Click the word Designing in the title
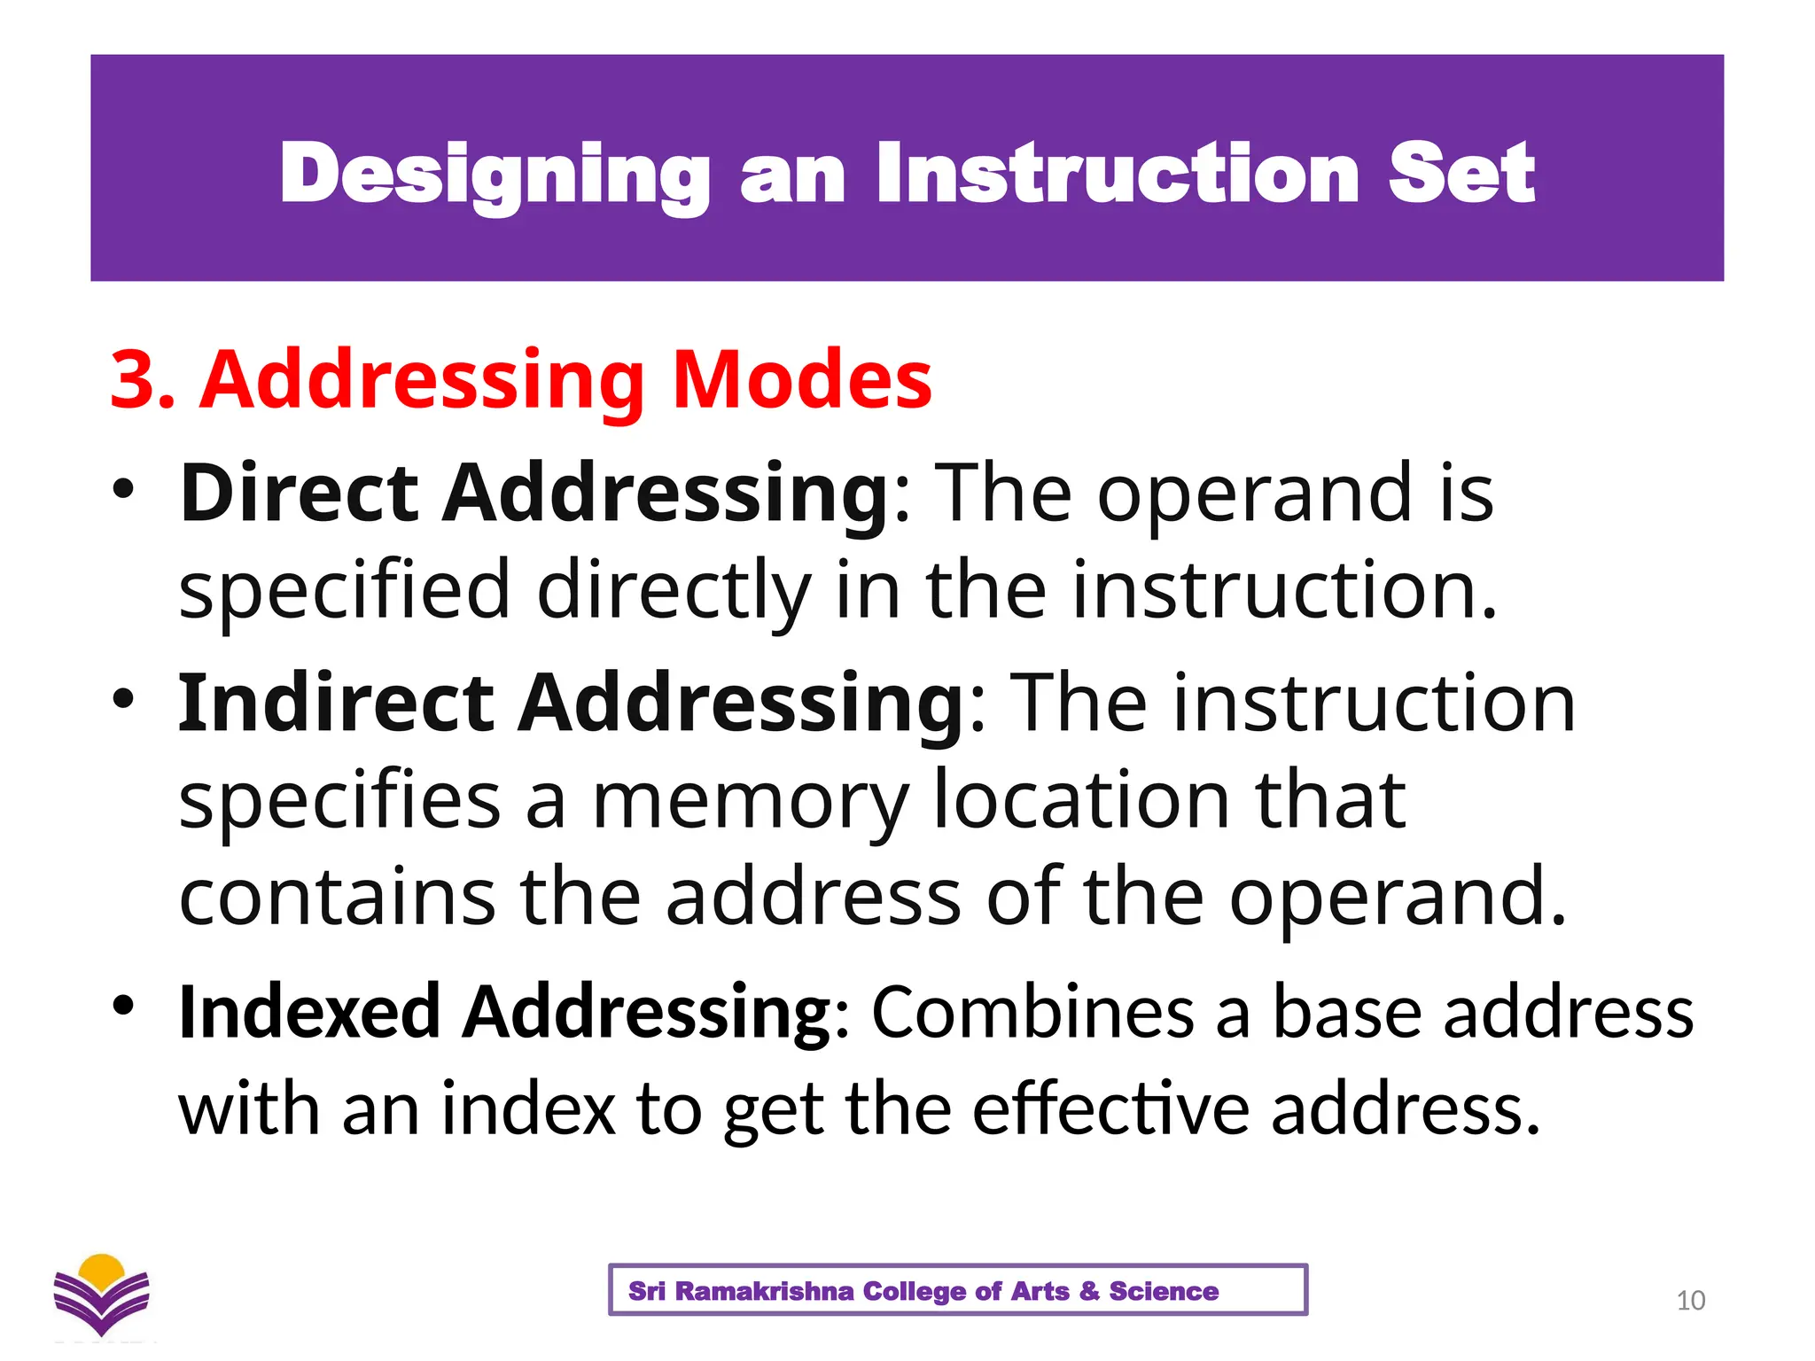tap(495, 175)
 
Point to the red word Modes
tap(801, 380)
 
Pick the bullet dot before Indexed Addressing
tap(123, 1005)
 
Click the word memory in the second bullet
tap(750, 801)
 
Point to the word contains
tap(337, 897)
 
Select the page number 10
tap(1690, 1301)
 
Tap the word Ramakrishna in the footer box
tap(764, 1291)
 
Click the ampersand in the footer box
tap(1089, 1291)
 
